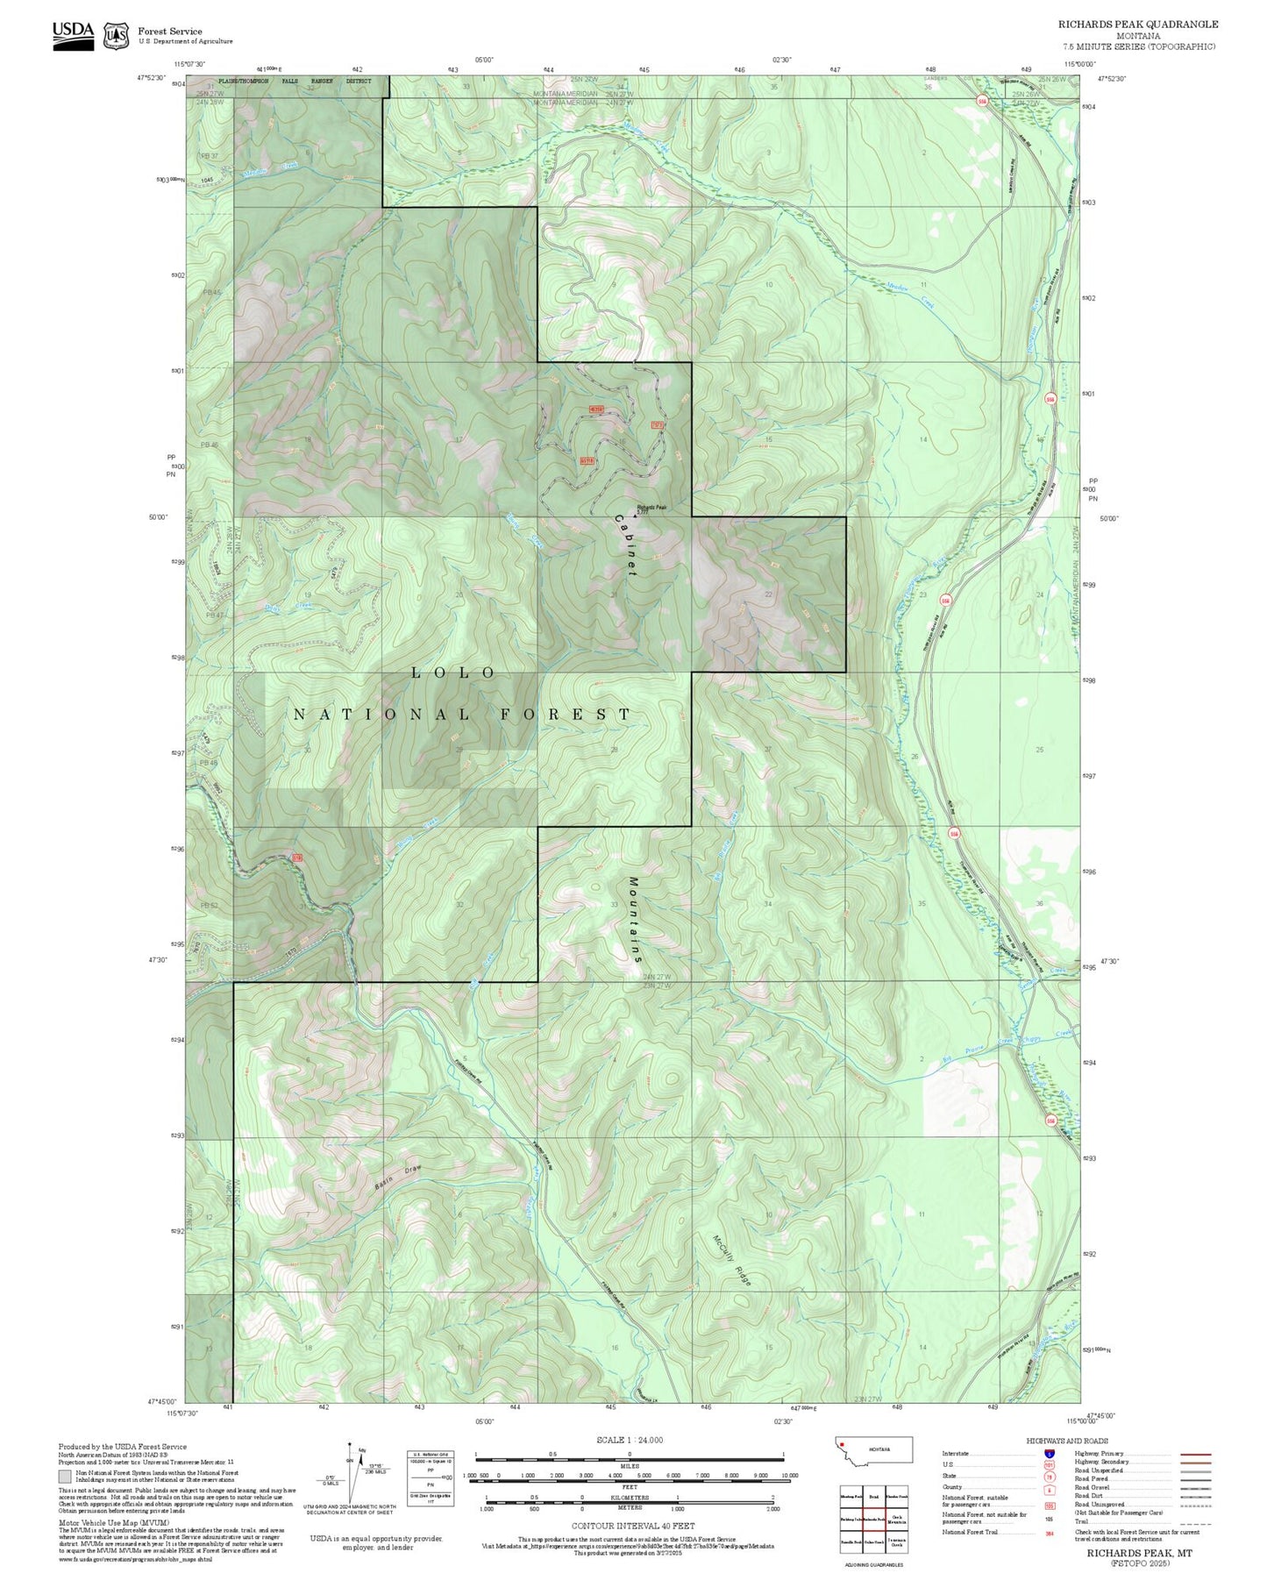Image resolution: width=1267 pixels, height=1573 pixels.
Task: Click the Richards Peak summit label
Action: [651, 507]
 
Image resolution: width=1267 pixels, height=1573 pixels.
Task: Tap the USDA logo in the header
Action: [73, 35]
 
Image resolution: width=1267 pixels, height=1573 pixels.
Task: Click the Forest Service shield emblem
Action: [116, 36]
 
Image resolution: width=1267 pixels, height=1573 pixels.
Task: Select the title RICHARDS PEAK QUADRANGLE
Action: [1137, 25]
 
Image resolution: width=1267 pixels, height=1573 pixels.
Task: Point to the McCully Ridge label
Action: [731, 1261]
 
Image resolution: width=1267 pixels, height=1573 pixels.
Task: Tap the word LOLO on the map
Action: [453, 673]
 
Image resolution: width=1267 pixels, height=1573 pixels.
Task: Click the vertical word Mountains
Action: [635, 920]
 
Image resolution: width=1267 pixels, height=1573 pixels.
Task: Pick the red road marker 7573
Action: [657, 425]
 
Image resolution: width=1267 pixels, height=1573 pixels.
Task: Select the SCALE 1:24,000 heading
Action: [630, 1440]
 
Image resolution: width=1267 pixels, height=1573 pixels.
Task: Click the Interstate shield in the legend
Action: [1049, 1454]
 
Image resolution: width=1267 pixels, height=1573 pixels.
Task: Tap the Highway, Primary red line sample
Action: [1196, 1454]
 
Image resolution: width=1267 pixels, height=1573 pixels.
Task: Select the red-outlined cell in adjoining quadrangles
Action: [872, 1519]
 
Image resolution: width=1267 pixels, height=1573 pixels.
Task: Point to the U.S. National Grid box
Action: [431, 1478]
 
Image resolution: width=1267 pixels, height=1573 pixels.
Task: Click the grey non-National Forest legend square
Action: [66, 1476]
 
